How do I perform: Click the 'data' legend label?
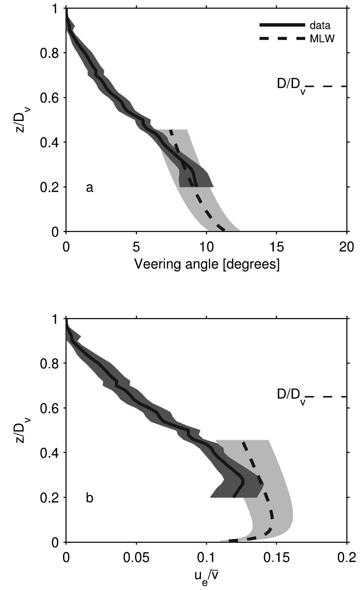tap(320, 25)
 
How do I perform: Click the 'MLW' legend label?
tap(322, 39)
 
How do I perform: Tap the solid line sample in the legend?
tap(282, 25)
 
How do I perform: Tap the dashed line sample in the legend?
tap(282, 38)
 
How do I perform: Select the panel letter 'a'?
tap(89, 187)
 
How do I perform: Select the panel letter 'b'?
tap(89, 498)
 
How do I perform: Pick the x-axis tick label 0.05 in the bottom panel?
tap(136, 558)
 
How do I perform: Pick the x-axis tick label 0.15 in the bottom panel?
tap(276, 558)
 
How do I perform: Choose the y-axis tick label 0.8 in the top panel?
tap(49, 53)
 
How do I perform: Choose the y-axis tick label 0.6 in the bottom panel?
tap(49, 408)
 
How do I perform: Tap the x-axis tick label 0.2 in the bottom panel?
tap(346, 558)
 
